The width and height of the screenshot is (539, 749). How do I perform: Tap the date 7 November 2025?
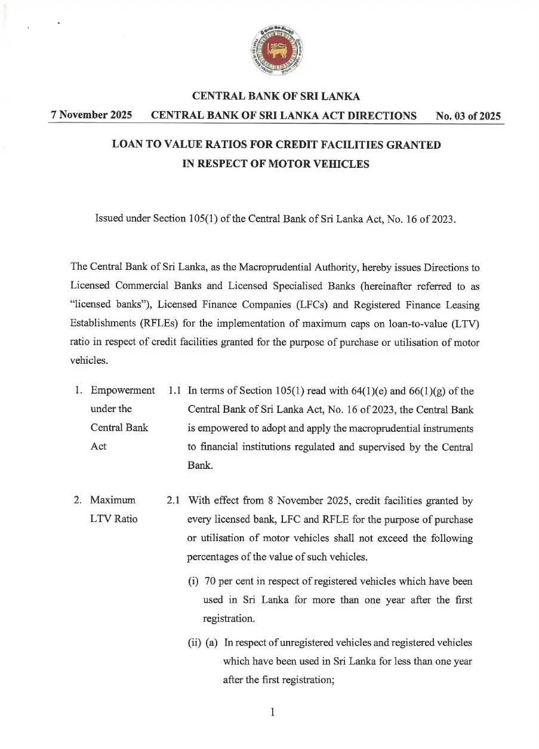pyautogui.click(x=91, y=115)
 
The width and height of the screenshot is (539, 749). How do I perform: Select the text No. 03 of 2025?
pyautogui.click(x=468, y=116)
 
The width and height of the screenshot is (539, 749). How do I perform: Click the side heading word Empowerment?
pyautogui.click(x=122, y=391)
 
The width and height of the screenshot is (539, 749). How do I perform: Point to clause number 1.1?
pyautogui.click(x=175, y=391)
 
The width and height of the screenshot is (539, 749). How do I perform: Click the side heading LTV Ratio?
pyautogui.click(x=113, y=518)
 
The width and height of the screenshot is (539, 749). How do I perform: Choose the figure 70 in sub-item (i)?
pyautogui.click(x=210, y=582)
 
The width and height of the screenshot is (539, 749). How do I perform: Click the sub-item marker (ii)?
pyautogui.click(x=195, y=643)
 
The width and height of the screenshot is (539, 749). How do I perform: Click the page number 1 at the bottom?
pyautogui.click(x=272, y=711)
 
